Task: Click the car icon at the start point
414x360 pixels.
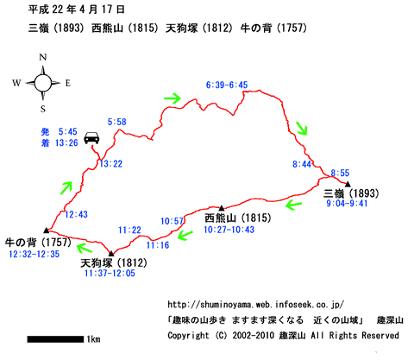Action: [x=91, y=137]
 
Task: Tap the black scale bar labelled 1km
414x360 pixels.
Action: [x=55, y=339]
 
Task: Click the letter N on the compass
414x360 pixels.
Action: [x=43, y=57]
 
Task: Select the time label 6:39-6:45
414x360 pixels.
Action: [x=227, y=85]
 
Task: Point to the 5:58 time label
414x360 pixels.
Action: [x=117, y=122]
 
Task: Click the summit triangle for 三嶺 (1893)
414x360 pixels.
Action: [x=348, y=184]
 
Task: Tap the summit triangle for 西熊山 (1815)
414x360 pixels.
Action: [x=222, y=208]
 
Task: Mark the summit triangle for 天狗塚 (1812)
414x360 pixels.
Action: [x=111, y=253]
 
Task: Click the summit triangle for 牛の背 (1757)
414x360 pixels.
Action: [x=47, y=230]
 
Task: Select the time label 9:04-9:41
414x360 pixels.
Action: [x=347, y=204]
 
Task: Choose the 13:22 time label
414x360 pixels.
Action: [x=111, y=164]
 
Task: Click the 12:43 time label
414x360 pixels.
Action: [x=76, y=214]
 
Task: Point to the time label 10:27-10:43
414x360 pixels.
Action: [x=229, y=230]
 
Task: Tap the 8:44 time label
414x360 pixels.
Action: [x=302, y=164]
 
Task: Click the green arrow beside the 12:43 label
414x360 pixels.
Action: [x=66, y=187]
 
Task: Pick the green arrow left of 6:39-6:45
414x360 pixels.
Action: [x=172, y=98]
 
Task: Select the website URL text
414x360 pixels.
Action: [x=256, y=304]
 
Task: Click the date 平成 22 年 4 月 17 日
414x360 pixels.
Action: [x=77, y=9]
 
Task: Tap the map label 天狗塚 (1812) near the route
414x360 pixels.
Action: [x=114, y=262]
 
